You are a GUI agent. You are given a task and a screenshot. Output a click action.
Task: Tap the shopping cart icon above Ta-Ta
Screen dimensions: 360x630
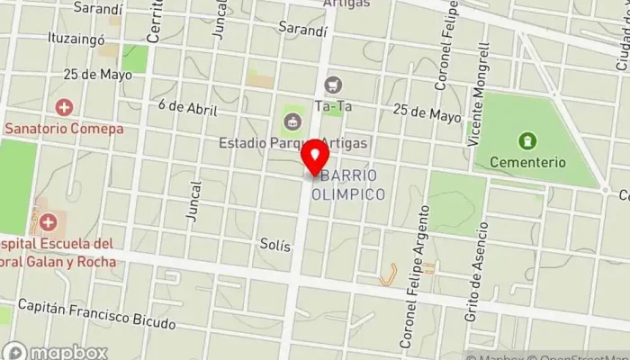(x=335, y=85)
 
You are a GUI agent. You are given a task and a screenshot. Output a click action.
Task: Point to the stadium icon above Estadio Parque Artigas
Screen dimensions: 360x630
(x=291, y=121)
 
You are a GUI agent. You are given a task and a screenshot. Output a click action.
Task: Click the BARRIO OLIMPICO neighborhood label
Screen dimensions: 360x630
(x=348, y=184)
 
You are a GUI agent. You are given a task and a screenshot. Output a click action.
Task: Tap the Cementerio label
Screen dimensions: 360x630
(x=527, y=162)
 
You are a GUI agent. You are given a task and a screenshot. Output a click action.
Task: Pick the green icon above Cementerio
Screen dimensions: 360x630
(x=527, y=140)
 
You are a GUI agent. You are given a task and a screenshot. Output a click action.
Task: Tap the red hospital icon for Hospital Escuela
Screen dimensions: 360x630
(x=47, y=220)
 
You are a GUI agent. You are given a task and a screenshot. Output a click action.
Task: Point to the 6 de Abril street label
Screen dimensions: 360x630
(x=188, y=107)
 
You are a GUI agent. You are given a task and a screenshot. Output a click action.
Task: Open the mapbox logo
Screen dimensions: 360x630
(x=56, y=351)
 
